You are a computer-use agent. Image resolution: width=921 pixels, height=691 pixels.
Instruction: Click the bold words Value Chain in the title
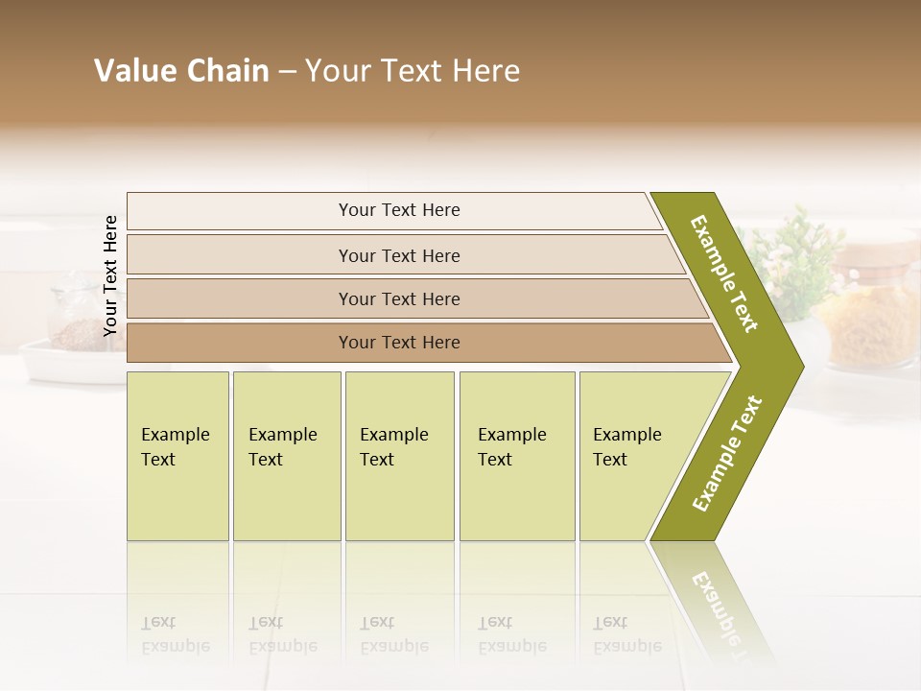click(181, 71)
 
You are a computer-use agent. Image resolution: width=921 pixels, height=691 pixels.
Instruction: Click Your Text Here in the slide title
click(413, 71)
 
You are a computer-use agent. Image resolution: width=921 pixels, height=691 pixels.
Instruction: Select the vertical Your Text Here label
click(110, 275)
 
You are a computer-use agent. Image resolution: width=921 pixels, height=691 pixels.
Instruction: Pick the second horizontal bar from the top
click(399, 255)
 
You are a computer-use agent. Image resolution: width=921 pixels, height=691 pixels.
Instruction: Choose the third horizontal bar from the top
click(399, 298)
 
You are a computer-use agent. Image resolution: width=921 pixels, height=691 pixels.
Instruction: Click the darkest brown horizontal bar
click(399, 343)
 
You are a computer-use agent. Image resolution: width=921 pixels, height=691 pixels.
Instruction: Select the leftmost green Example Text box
click(177, 456)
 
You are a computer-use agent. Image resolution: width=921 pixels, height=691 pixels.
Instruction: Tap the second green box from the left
click(286, 456)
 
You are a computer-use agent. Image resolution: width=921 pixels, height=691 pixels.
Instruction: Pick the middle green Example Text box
click(399, 456)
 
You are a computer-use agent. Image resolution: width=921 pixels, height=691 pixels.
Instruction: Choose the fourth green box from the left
click(517, 456)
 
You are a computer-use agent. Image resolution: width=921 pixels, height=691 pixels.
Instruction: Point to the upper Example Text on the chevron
click(724, 274)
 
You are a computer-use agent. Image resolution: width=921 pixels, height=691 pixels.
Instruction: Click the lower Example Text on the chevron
click(727, 453)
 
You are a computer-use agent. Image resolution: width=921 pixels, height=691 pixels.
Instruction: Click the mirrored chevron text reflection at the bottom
click(715, 605)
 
